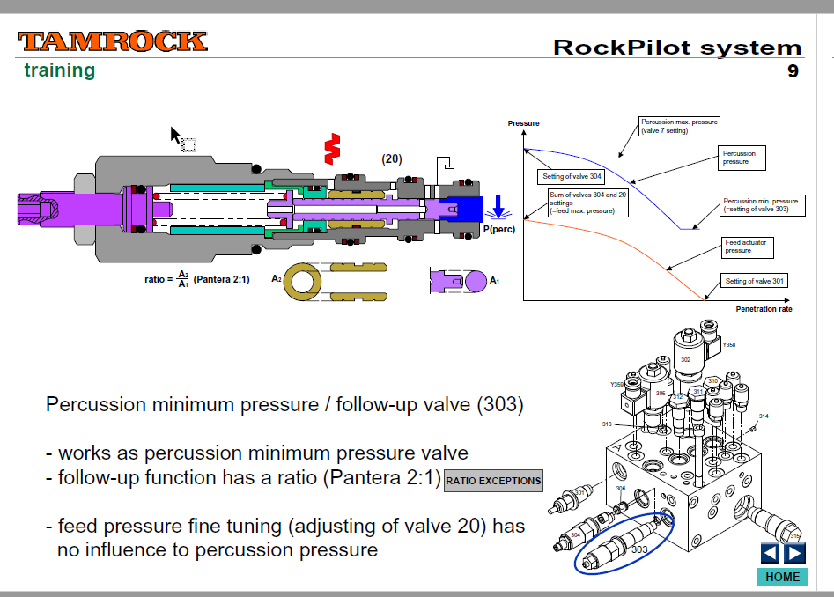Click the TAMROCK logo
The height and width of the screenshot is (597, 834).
coord(112,41)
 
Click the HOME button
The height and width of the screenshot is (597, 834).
coord(782,577)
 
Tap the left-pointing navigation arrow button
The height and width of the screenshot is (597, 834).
coord(769,554)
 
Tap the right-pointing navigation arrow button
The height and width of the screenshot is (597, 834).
coord(794,554)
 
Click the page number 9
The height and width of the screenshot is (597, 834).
coord(793,71)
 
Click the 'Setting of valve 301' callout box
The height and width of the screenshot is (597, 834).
coord(754,281)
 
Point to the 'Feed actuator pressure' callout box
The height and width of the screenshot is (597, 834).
coord(747,246)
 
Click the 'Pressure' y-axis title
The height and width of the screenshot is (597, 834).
coord(523,123)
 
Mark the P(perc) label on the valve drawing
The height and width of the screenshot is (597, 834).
coord(498,230)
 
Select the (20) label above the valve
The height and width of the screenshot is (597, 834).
coord(391,159)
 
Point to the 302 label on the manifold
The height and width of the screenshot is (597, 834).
coord(685,359)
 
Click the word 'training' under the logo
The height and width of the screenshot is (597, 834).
coord(59,70)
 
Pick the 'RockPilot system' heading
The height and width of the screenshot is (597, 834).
coord(676,48)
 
